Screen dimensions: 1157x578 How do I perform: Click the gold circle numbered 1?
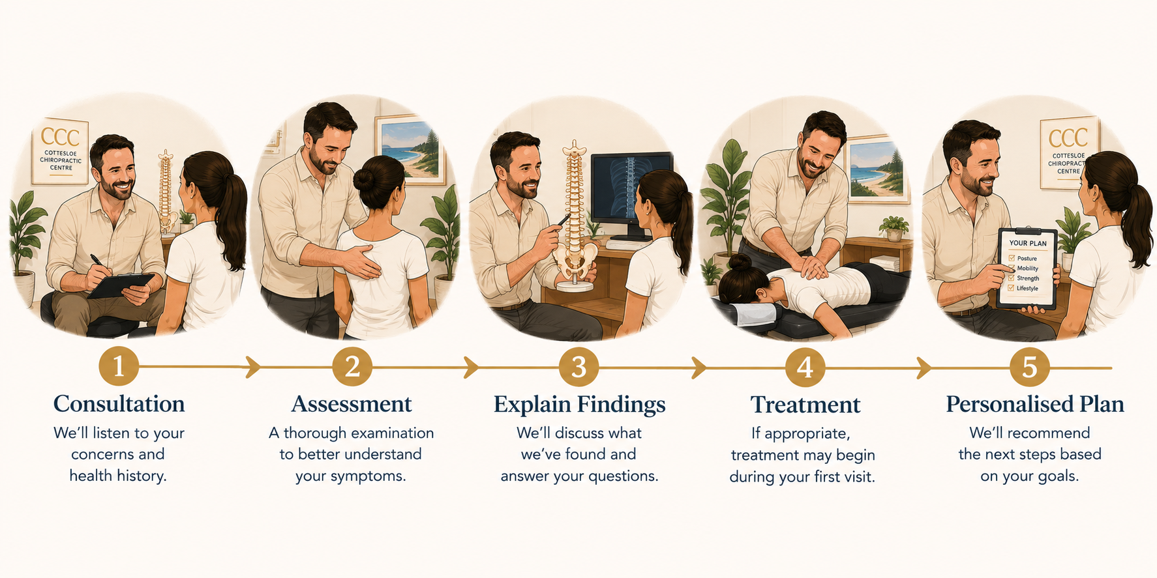tap(119, 367)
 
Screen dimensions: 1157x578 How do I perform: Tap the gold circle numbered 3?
tap(578, 367)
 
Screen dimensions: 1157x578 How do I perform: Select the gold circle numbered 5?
tap(1029, 368)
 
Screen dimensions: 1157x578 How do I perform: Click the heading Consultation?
tap(119, 404)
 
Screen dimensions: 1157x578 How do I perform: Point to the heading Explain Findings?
tap(579, 405)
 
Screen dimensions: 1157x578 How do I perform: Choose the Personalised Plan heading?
tap(1035, 405)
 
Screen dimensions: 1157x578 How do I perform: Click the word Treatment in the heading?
tap(805, 405)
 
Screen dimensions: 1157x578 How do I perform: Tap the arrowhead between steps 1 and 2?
tap(253, 367)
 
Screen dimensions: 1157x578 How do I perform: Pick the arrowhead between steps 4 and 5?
tap(924, 368)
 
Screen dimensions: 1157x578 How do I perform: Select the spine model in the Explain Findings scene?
tap(574, 215)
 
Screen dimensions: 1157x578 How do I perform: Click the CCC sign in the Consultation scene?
tap(60, 151)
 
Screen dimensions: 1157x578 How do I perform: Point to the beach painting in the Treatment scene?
tap(878, 169)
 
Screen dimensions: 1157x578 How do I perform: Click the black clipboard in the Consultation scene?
tap(121, 285)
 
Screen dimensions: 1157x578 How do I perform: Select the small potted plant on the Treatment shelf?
tap(894, 228)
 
